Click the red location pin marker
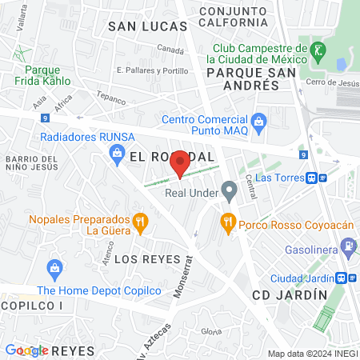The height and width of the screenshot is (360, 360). point(180,162)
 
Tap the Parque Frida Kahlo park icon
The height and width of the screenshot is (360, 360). point(17,55)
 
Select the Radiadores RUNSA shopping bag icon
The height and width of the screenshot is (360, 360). point(117,151)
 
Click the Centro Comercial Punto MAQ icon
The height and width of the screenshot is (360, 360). point(258,121)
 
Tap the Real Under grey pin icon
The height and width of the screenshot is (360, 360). point(230,192)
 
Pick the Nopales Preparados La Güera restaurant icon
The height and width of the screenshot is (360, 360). point(140,221)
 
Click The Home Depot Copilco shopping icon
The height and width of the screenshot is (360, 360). point(55,266)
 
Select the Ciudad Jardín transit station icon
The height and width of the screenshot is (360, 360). point(342,278)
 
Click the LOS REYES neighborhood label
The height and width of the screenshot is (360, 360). point(143,259)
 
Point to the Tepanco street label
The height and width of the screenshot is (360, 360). point(113,99)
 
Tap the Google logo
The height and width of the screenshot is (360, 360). point(26,350)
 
